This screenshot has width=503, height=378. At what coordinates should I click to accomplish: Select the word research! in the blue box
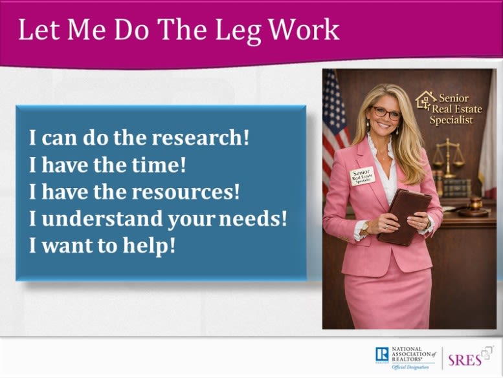[x=201, y=138]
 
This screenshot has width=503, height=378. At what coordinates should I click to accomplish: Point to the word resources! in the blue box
[x=186, y=191]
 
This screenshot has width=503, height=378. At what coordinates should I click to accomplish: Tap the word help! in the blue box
[x=150, y=246]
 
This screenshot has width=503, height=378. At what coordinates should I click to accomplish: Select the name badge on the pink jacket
[x=362, y=176]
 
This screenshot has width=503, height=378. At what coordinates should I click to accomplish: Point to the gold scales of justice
[x=448, y=158]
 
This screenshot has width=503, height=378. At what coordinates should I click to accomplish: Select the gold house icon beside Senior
[x=426, y=100]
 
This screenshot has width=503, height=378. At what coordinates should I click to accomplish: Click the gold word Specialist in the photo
[x=451, y=120]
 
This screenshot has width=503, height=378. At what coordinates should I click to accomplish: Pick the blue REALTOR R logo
[x=382, y=355]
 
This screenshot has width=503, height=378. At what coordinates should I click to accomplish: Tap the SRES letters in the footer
[x=465, y=360]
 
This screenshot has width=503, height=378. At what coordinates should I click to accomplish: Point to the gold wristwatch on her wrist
[x=365, y=227]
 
